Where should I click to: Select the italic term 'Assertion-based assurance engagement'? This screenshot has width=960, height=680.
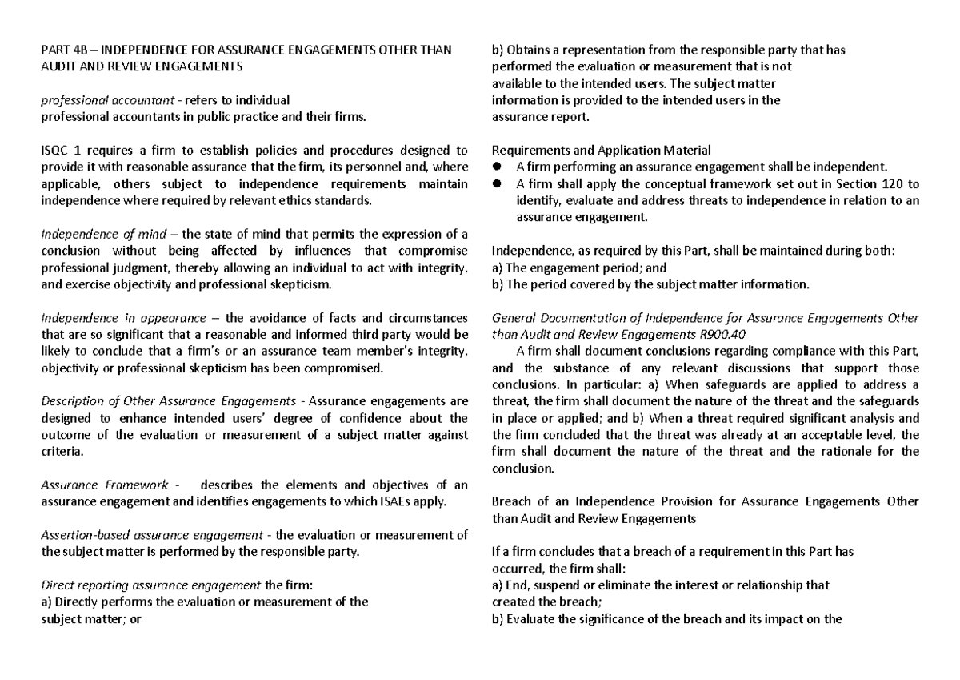150,534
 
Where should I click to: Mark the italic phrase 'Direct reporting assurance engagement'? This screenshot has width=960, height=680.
151,585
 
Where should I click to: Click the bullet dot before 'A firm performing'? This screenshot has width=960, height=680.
497,167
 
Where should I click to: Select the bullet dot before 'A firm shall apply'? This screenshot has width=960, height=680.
497,183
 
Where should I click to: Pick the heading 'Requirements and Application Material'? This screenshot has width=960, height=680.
601,150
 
